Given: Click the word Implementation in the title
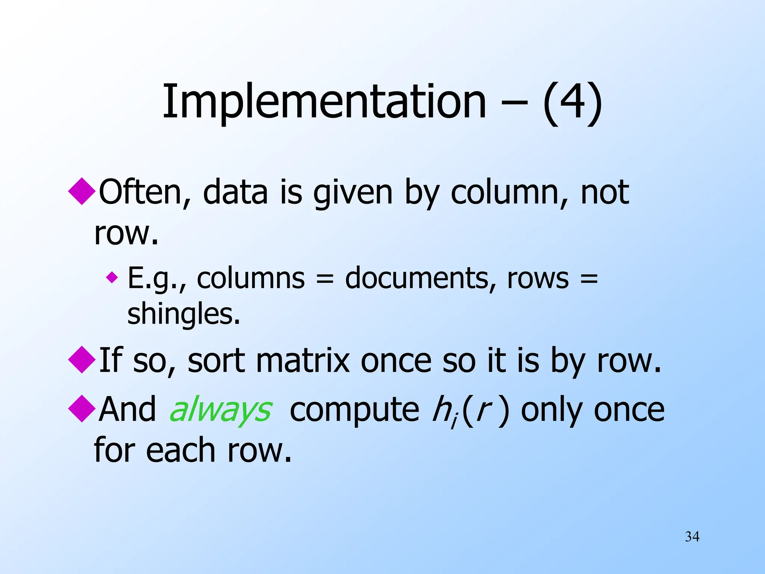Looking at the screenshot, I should (x=324, y=102).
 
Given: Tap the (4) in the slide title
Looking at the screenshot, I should (x=572, y=102).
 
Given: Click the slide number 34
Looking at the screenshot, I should (x=692, y=537).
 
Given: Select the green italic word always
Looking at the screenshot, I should (x=221, y=410).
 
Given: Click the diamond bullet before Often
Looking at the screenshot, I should (x=82, y=191).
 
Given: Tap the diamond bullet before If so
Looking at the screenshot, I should (x=82, y=359).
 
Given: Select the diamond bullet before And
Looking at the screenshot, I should (x=82, y=408).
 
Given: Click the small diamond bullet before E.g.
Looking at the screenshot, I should (x=112, y=278).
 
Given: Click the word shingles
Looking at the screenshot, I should (x=183, y=314).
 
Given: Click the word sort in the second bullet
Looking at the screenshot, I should (x=216, y=361).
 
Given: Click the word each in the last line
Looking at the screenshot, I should (x=181, y=450).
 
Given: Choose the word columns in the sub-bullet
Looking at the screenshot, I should (x=251, y=278).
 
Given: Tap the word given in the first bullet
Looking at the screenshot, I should (x=353, y=193).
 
